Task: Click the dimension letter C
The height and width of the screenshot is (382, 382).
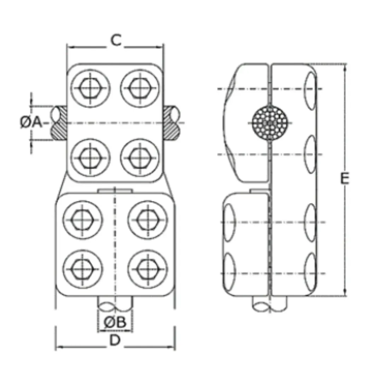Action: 116,41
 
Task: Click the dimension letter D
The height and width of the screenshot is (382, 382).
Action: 115,341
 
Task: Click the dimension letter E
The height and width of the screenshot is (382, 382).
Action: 345,179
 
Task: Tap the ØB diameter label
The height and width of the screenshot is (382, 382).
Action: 115,322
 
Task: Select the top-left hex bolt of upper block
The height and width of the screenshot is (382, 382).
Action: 90,87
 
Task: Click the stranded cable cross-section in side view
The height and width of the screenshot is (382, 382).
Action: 270,123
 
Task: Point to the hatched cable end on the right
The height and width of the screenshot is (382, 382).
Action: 171,123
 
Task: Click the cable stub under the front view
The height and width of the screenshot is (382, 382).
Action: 115,303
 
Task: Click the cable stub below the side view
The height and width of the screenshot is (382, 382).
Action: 270,303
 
